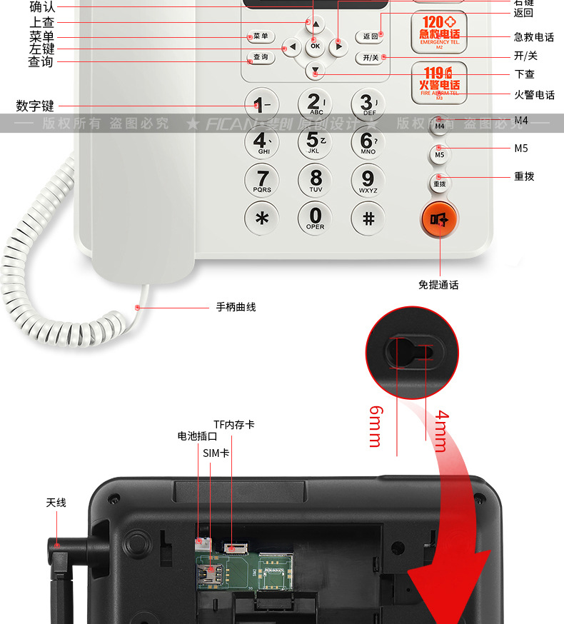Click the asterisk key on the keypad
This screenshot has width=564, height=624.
click(262, 217)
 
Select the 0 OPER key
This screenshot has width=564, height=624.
click(315, 217)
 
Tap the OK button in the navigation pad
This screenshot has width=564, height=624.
click(315, 46)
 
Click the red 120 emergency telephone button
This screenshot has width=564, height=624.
click(440, 31)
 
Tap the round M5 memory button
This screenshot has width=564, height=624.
click(440, 154)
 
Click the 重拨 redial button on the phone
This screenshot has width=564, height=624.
click(440, 183)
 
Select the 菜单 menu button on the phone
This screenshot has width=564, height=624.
click(261, 36)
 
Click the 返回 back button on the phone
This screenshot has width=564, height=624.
click(370, 37)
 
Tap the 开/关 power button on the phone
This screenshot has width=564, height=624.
click(370, 57)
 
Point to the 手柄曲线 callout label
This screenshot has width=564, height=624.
click(236, 307)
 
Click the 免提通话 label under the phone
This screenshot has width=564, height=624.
click(438, 285)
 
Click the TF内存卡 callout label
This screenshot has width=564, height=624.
click(233, 425)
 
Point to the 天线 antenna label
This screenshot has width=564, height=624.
click(56, 503)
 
